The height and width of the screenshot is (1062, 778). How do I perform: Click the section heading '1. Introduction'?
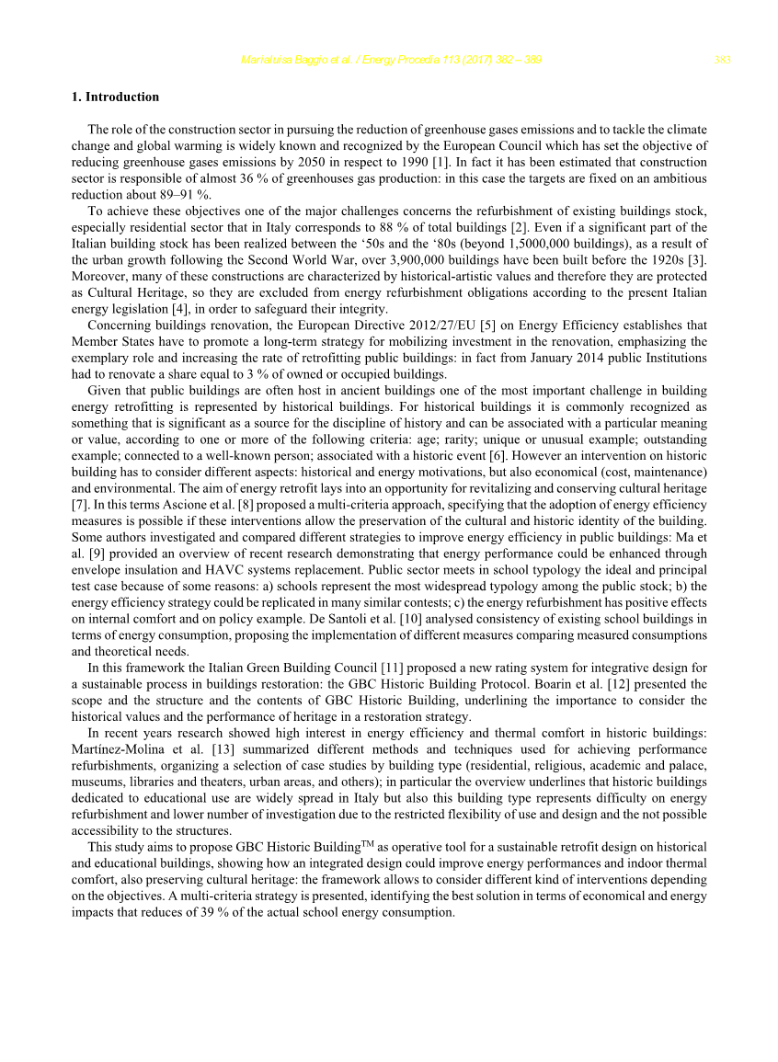(115, 97)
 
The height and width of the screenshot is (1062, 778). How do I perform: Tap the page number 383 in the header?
(722, 61)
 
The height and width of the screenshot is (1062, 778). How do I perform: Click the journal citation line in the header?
(390, 61)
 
